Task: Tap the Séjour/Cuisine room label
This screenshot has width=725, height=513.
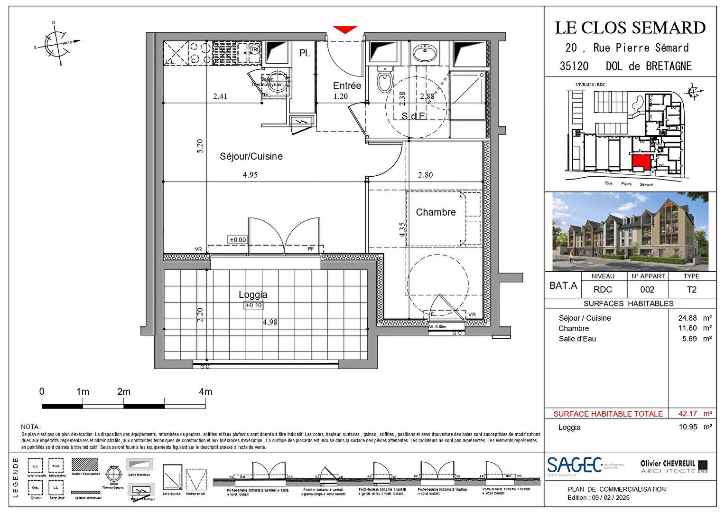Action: [x=251, y=156]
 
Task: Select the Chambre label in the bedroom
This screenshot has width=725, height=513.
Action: [x=436, y=212]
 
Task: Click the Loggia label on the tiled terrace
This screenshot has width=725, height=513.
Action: [x=253, y=294]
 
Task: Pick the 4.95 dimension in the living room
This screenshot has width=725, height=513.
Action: [x=250, y=175]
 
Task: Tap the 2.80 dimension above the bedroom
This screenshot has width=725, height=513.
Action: [x=425, y=175]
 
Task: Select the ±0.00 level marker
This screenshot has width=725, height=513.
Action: [x=238, y=240]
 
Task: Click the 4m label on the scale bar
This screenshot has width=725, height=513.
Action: [x=205, y=392]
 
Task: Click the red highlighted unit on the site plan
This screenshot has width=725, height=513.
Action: [x=641, y=162]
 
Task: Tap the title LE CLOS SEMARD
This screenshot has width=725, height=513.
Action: [x=630, y=28]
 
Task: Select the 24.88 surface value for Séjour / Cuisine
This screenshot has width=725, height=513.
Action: [x=688, y=318]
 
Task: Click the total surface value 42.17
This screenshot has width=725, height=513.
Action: [x=688, y=414]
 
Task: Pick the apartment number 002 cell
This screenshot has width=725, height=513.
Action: [x=647, y=289]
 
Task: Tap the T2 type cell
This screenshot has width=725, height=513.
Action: [x=691, y=289]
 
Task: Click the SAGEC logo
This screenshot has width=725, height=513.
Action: [x=575, y=465]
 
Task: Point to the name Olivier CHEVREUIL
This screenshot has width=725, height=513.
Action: [x=667, y=464]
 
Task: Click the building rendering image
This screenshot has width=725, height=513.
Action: [x=630, y=231]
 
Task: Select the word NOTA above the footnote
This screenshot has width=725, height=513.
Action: [x=30, y=427]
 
